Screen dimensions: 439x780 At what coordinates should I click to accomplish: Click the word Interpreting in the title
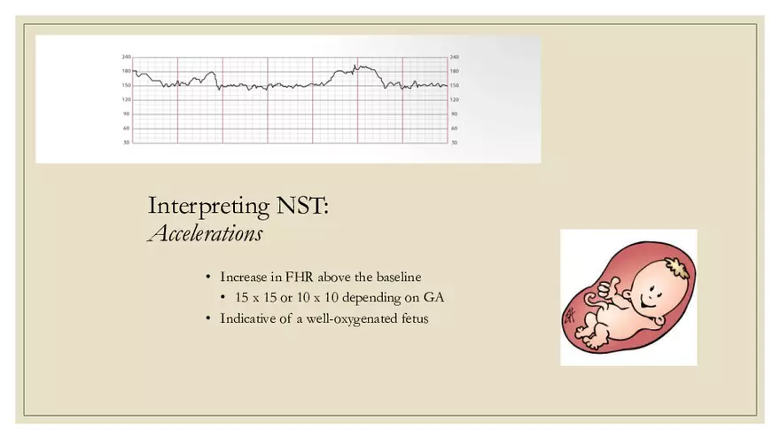pos(205,208)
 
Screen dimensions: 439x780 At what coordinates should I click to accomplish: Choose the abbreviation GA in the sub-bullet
pos(433,297)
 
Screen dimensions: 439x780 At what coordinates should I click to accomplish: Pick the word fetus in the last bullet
pos(414,317)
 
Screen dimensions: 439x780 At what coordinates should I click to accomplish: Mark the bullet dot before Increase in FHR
pos(208,277)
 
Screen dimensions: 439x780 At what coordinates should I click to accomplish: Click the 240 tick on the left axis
pos(126,57)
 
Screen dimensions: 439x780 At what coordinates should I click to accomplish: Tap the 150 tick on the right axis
pos(455,85)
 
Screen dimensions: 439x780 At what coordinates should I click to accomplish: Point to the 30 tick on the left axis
pos(127,142)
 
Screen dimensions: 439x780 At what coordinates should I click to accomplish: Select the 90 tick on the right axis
pos(455,114)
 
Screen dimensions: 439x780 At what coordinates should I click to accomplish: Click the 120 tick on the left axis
pos(126,99)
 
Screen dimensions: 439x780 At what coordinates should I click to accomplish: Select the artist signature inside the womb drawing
pos(569,313)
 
